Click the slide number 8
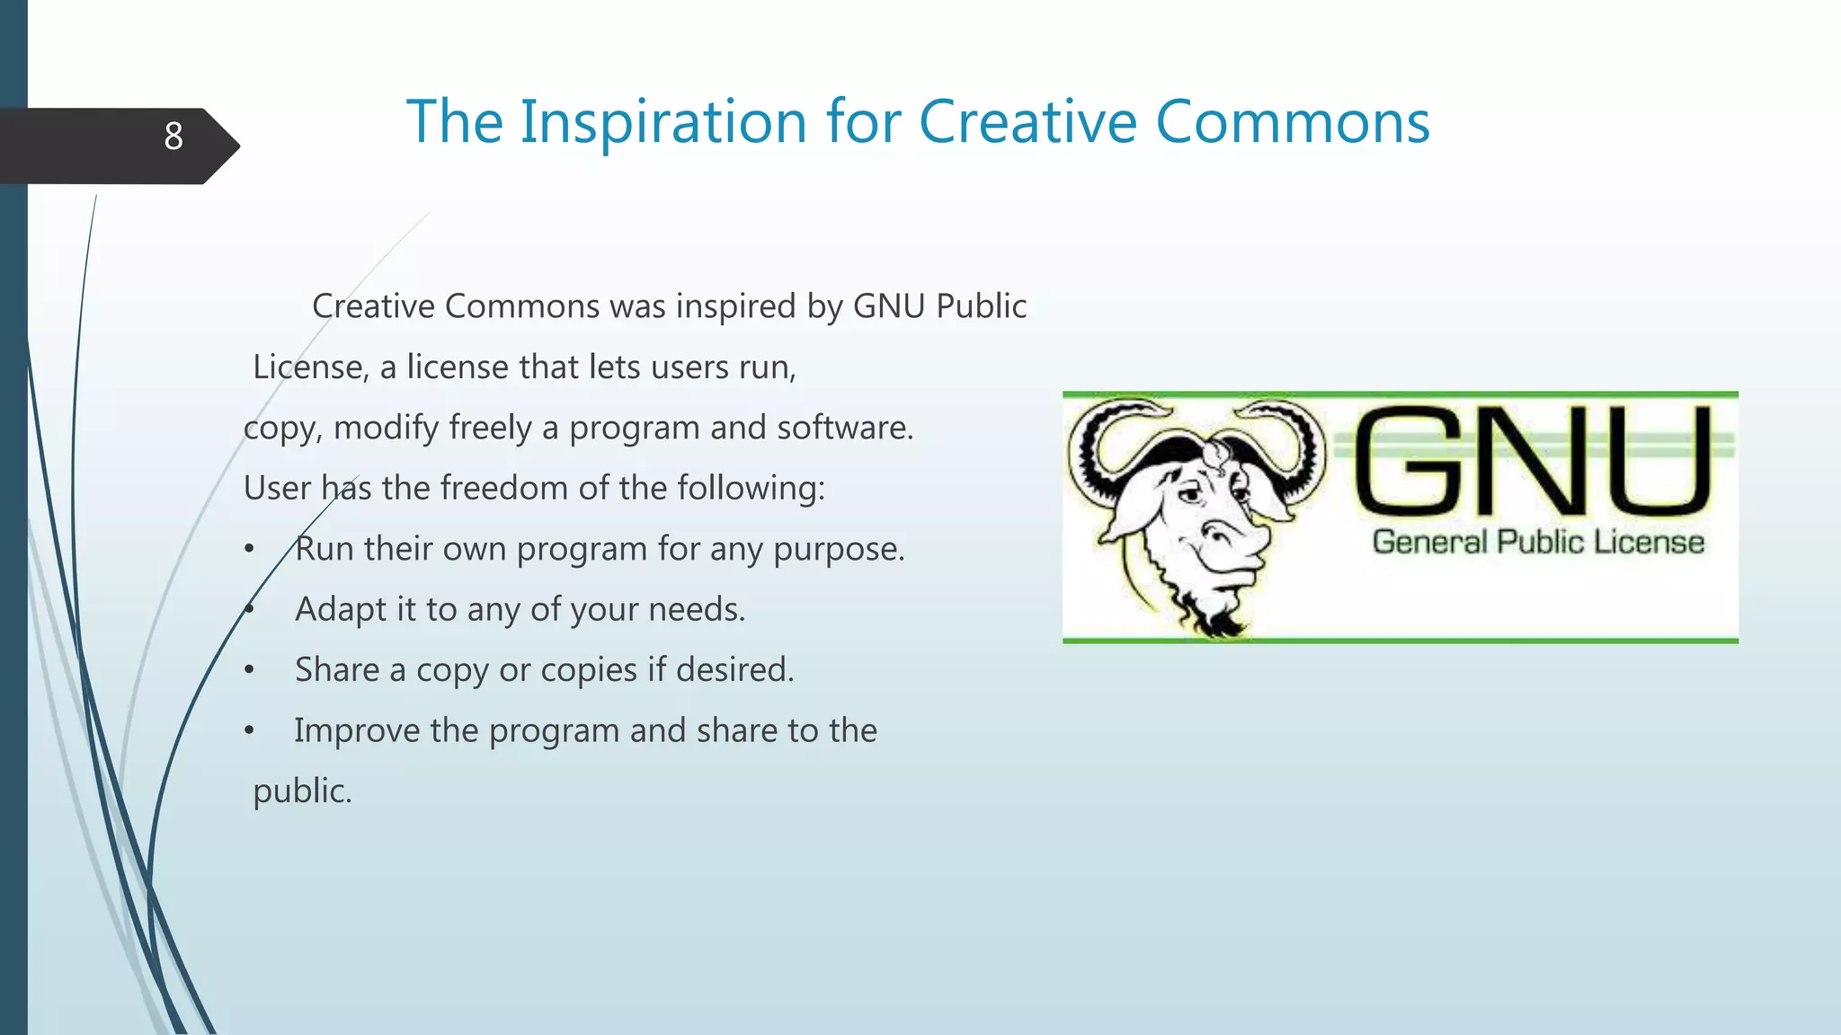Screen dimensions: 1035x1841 click(173, 137)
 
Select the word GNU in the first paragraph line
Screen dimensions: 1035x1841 click(888, 306)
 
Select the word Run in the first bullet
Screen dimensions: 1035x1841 click(324, 548)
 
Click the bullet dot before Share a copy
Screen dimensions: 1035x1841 click(250, 670)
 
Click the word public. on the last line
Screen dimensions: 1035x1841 click(302, 791)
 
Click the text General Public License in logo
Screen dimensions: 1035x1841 click(1538, 542)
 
